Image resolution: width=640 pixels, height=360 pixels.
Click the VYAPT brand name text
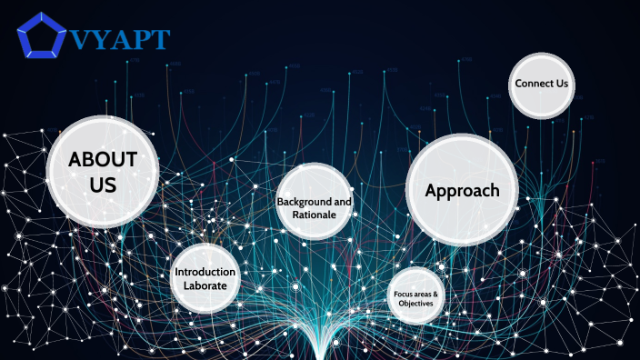[120, 40]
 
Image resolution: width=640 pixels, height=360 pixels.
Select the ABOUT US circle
[103, 172]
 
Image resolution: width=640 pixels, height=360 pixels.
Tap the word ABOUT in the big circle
[103, 160]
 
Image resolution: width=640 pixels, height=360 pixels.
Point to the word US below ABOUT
[103, 185]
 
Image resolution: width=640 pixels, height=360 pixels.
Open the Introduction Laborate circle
[205, 278]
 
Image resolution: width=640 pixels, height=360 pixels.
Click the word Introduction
[205, 272]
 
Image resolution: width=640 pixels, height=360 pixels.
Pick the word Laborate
[205, 285]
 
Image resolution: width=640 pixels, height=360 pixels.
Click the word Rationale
[314, 215]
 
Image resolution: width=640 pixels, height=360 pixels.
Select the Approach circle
[462, 191]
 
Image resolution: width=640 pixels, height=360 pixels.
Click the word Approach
[462, 191]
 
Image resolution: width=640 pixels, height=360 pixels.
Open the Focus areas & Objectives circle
[416, 297]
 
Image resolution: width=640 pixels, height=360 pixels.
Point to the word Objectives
[416, 304]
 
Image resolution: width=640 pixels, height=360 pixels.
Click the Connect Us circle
[541, 85]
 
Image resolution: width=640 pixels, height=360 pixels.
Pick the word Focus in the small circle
[404, 295]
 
